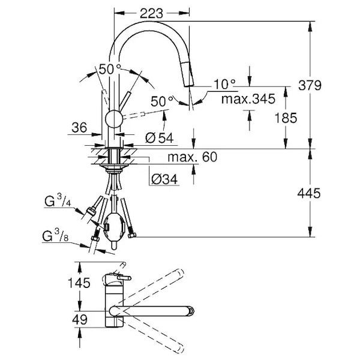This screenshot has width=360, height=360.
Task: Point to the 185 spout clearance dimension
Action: pyautogui.click(x=285, y=118)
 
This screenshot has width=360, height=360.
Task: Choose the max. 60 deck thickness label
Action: pyautogui.click(x=191, y=157)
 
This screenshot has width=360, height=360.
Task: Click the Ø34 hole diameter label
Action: pyautogui.click(x=163, y=179)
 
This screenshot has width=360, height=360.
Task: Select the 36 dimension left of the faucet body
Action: pyautogui.click(x=78, y=127)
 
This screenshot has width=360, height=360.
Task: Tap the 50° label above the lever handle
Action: pyautogui.click(x=110, y=70)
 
